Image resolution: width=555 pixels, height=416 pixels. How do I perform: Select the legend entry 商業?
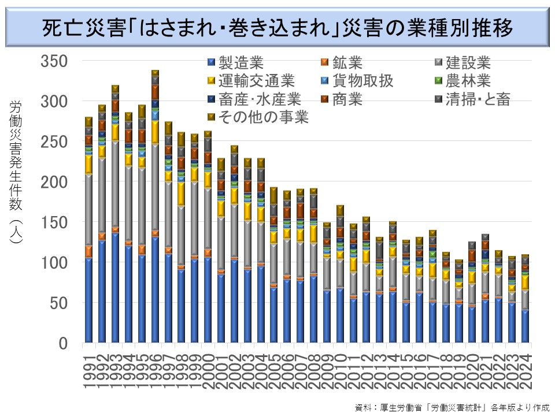click(347, 99)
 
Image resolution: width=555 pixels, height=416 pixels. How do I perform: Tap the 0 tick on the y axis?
click(64, 344)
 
